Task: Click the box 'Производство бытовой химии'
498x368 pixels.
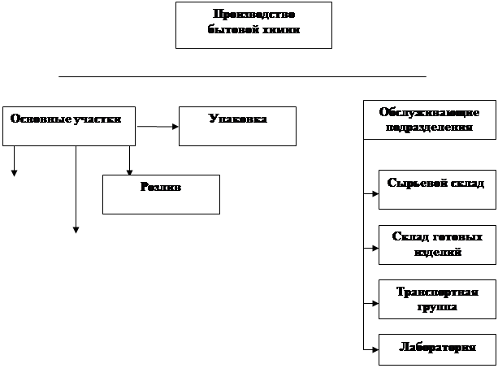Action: [253, 24]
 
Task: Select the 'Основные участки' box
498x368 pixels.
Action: [68, 126]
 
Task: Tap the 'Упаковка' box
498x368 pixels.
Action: [237, 126]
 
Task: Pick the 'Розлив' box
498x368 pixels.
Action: [161, 194]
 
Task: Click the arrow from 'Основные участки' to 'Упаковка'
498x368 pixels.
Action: [158, 127]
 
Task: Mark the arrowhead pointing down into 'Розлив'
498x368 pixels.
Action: [129, 171]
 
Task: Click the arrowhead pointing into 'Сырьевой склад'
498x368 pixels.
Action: [375, 194]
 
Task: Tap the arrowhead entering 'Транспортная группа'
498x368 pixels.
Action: [375, 304]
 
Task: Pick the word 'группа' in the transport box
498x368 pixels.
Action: [437, 307]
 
